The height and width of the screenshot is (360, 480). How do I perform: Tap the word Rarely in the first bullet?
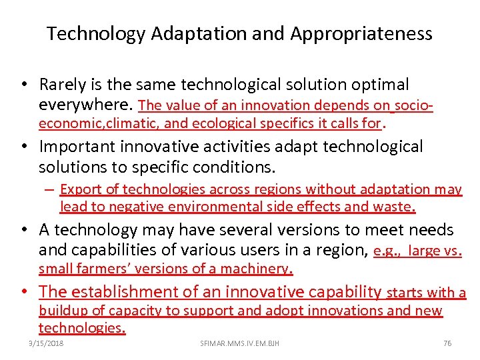pyautogui.click(x=63, y=85)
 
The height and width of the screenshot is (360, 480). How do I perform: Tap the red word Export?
pyautogui.click(x=81, y=190)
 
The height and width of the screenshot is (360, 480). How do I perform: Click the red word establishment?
pyautogui.click(x=123, y=291)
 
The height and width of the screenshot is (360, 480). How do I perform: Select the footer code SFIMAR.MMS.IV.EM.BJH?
pyautogui.click(x=239, y=343)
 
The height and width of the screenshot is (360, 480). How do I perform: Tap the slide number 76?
pyautogui.click(x=447, y=343)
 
